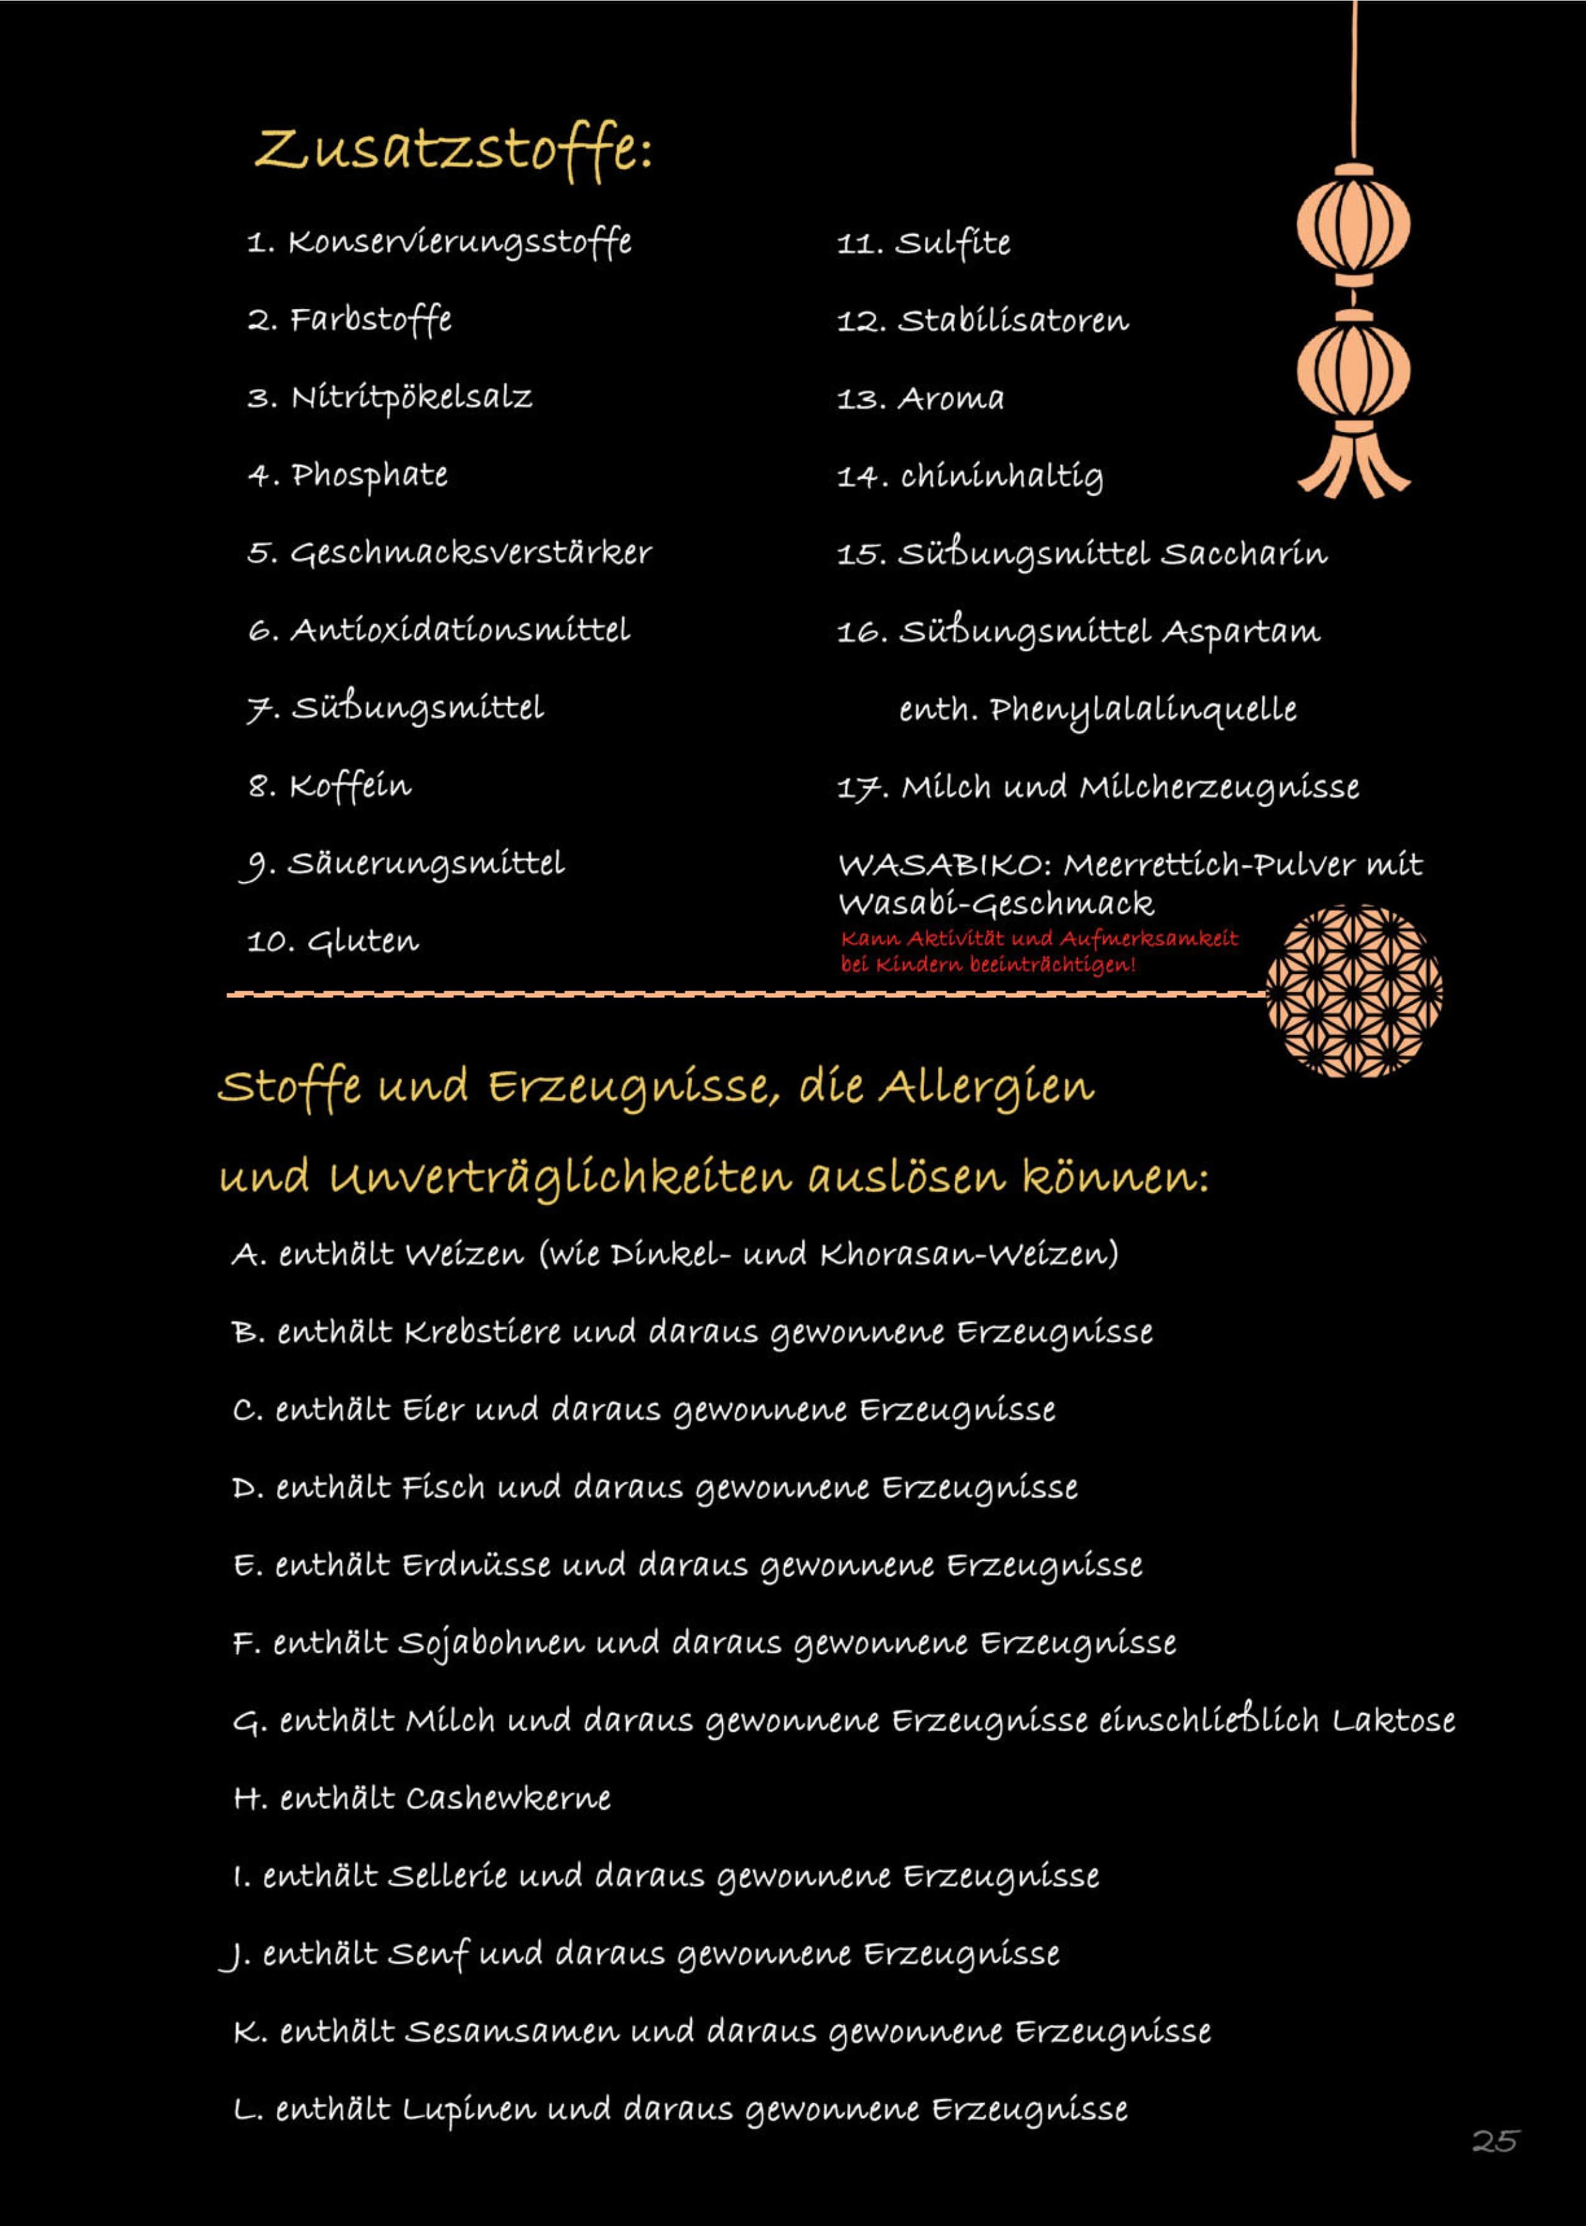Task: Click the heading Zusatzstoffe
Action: coord(453,149)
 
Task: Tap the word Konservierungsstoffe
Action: coord(459,242)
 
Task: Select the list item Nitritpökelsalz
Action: coord(410,397)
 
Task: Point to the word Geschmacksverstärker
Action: coord(471,553)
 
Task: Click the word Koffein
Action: coord(349,786)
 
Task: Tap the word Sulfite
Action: coord(953,242)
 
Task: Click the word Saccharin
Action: coord(1243,554)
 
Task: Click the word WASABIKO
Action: coord(941,865)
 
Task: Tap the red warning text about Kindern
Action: coord(1038,952)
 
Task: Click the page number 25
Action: coord(1494,2141)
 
